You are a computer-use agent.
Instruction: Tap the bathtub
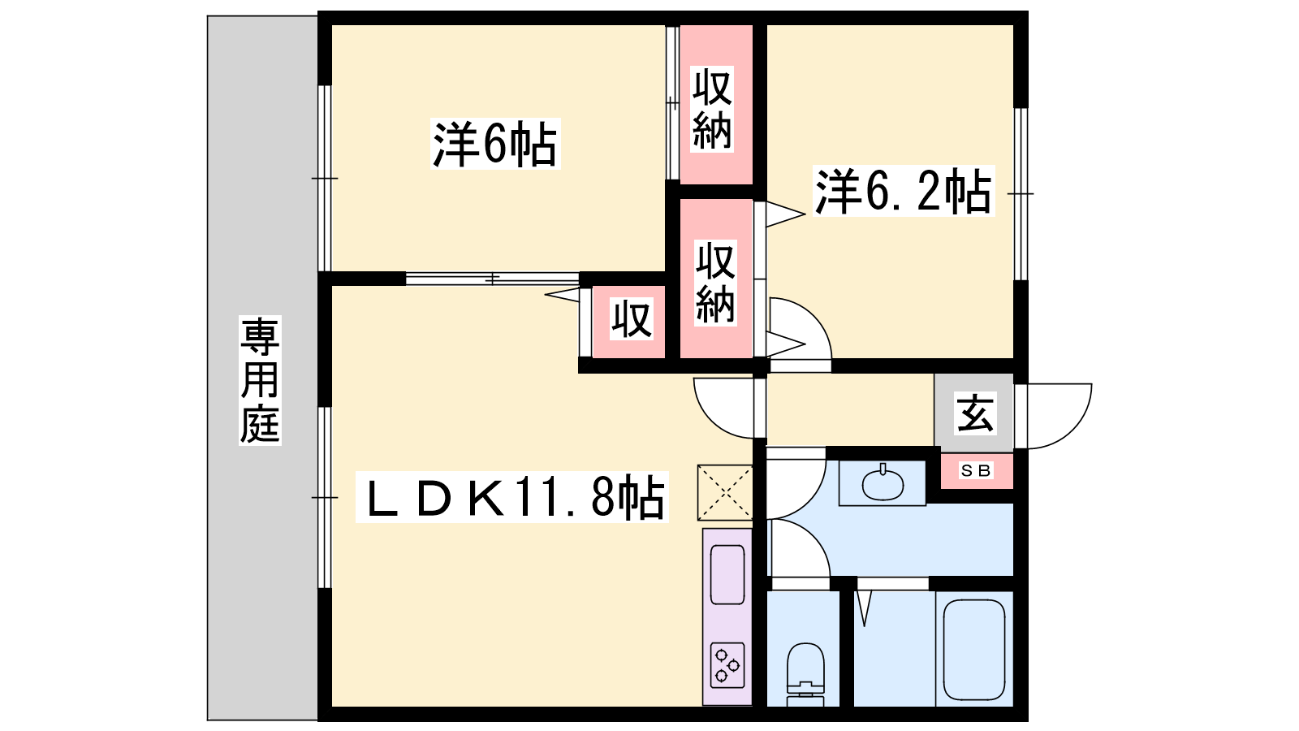(973, 649)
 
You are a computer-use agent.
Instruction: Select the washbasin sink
(883, 482)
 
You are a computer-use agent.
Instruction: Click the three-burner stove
(727, 665)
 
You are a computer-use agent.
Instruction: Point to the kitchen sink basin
(727, 575)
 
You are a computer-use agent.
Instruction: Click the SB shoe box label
(976, 470)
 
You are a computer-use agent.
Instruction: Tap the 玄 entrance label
(975, 413)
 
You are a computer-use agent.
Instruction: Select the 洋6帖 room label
(494, 144)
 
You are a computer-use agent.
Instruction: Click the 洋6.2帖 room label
(904, 191)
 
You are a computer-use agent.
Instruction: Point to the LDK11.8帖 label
(512, 497)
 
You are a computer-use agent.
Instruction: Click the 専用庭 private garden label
(261, 380)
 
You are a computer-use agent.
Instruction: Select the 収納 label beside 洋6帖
(712, 109)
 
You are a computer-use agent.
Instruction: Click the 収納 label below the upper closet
(715, 283)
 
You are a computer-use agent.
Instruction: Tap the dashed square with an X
(725, 492)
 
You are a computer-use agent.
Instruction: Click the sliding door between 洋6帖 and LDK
(492, 279)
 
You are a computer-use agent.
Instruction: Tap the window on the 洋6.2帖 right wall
(1021, 194)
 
